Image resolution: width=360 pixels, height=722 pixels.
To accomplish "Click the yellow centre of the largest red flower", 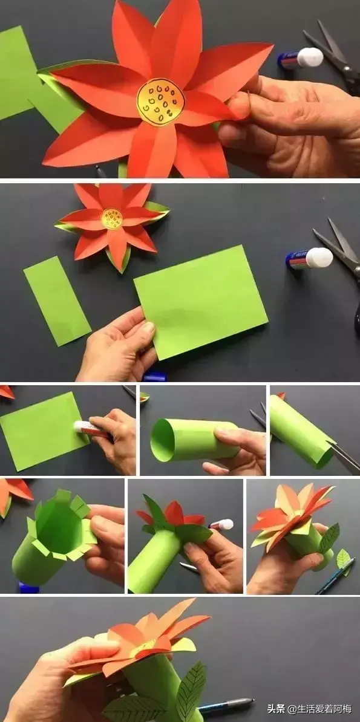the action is coord(160,102).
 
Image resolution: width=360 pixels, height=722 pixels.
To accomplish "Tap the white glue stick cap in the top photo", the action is coord(310,57).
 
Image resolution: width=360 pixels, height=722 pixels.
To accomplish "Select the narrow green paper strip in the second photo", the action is coord(57,301).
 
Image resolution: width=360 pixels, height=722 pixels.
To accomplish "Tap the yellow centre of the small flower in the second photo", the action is coord(112,219).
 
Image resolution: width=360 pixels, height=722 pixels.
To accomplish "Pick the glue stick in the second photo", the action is coord(309,258).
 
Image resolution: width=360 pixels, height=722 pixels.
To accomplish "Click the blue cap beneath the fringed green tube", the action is coord(28,588).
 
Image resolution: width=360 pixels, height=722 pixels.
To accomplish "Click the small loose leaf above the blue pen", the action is coord(343,559).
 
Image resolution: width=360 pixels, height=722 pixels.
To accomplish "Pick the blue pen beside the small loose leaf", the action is coord(335,576).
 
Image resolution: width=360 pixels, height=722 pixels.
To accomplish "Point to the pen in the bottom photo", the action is coord(226,706).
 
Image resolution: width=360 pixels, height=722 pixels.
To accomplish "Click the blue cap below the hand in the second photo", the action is coord(154,377).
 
